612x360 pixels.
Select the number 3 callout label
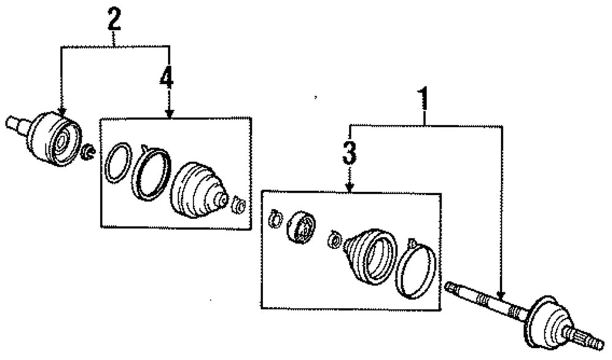tap(349, 153)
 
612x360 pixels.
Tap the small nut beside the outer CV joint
tap(89, 151)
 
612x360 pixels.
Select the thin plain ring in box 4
tap(118, 163)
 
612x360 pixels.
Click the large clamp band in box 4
tap(152, 174)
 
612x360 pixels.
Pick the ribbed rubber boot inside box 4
tap(196, 190)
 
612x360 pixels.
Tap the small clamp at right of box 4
tap(239, 204)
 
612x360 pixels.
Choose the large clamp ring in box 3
tap(416, 269)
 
